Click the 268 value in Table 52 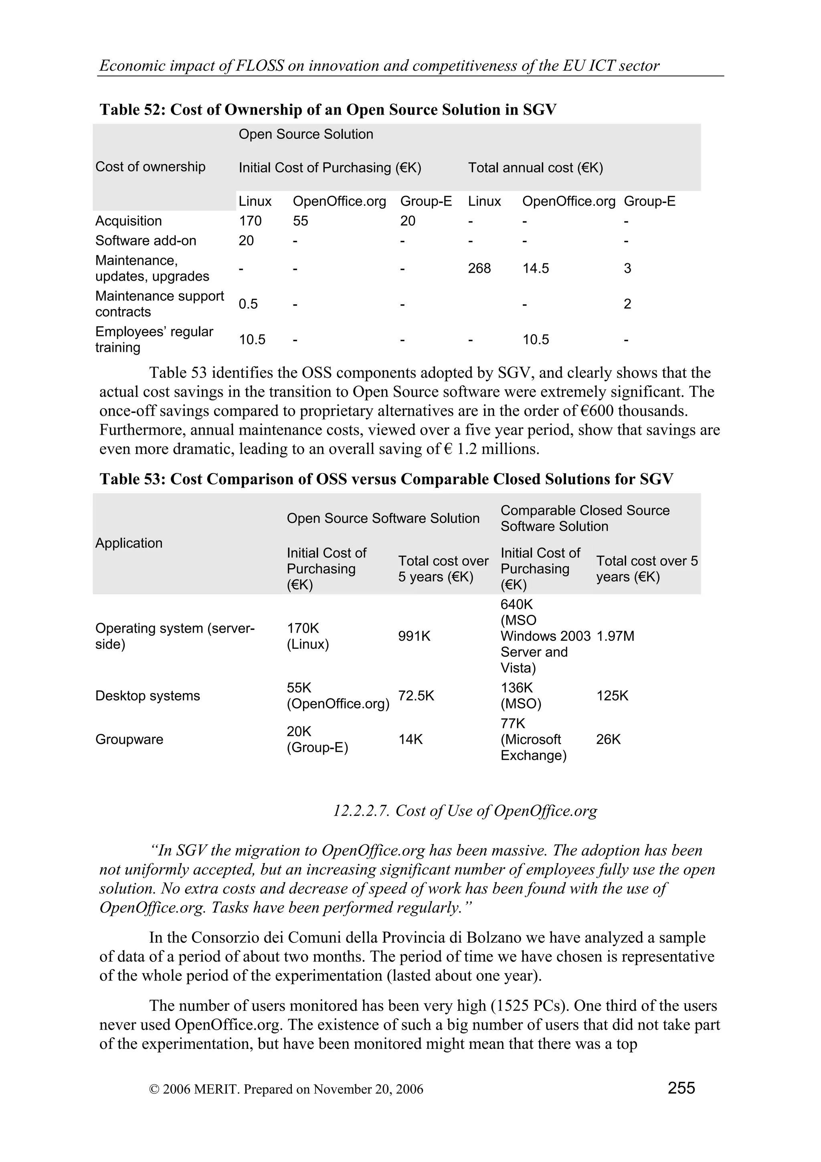click(x=479, y=268)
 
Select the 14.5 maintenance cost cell click(x=535, y=268)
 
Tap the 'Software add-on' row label click(x=146, y=241)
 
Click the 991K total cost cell click(x=414, y=636)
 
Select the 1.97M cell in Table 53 click(x=615, y=636)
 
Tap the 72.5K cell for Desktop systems click(x=416, y=696)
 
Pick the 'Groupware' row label click(x=129, y=739)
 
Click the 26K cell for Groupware click(x=608, y=739)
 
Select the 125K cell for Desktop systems click(x=612, y=696)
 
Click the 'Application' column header click(x=129, y=543)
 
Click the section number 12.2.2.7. click(x=361, y=810)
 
